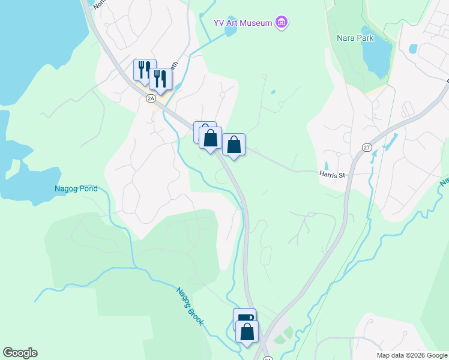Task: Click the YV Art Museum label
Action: (x=243, y=23)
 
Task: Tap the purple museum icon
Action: (x=282, y=23)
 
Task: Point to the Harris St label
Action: (x=333, y=175)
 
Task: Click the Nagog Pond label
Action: (x=75, y=188)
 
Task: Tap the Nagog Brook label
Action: (x=190, y=307)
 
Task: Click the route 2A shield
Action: (x=151, y=98)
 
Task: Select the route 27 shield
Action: (x=367, y=148)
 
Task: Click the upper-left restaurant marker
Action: (x=144, y=69)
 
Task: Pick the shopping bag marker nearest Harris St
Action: (x=234, y=144)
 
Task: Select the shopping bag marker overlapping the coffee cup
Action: (x=247, y=331)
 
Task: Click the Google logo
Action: (x=20, y=353)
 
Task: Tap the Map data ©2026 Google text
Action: (x=411, y=355)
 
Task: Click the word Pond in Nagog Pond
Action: (x=88, y=188)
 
